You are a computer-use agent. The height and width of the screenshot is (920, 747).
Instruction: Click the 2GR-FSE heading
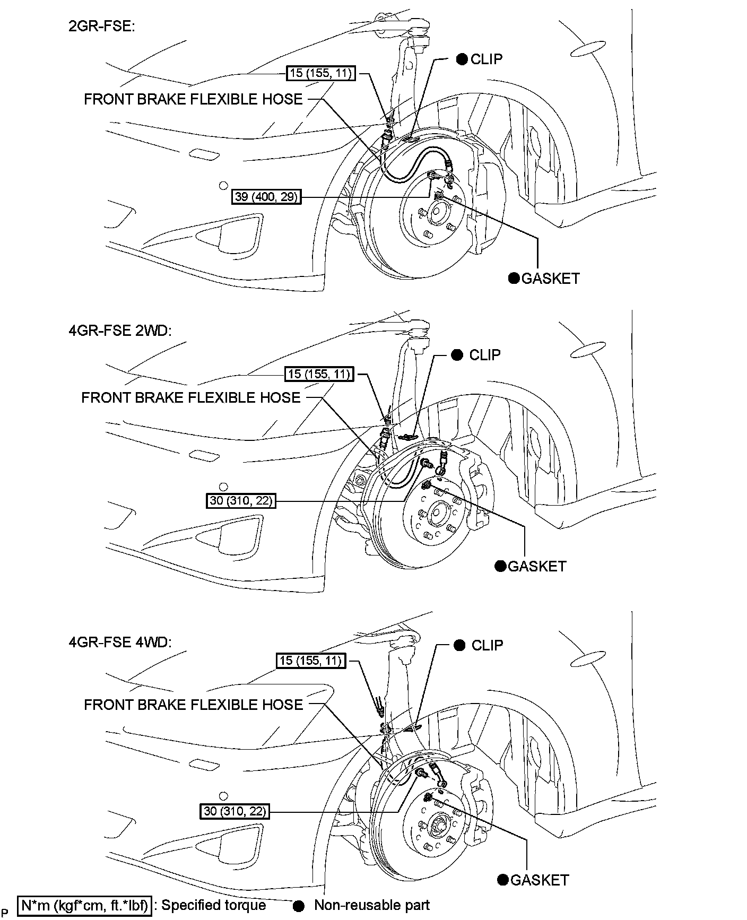102,26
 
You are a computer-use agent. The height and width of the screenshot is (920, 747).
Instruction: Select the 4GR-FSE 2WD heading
120,331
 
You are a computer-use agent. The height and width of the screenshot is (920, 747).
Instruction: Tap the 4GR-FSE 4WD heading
120,642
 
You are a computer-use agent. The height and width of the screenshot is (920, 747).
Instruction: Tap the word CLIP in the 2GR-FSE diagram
487,59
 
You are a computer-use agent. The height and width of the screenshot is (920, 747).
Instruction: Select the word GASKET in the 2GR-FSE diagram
551,279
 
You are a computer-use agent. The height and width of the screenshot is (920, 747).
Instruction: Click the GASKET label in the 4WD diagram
540,880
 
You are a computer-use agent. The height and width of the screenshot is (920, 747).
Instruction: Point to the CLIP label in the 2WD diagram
485,355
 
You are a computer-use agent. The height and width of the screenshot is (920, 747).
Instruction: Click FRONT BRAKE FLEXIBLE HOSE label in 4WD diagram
194,705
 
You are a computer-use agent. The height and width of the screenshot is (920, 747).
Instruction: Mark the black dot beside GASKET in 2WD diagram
500,566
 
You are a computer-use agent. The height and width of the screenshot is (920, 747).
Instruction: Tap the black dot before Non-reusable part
300,905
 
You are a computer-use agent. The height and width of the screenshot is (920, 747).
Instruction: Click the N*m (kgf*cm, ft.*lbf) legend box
85,905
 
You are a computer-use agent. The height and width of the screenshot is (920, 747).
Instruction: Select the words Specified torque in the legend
214,905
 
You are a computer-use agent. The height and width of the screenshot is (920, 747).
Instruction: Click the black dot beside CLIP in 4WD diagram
460,645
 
